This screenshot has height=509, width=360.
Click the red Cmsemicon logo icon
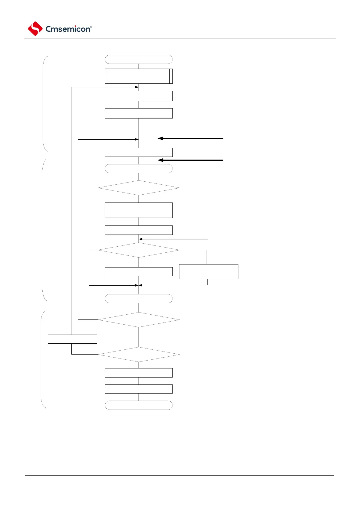point(35,29)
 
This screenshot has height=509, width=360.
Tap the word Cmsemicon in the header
point(68,29)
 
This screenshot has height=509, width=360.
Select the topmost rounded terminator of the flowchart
point(139,59)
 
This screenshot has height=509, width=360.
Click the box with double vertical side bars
point(139,76)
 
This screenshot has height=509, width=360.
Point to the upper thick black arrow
point(191,138)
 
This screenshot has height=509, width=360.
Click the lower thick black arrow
point(191,160)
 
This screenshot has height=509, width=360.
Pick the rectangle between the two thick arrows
point(139,152)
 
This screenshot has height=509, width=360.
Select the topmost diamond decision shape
point(139,188)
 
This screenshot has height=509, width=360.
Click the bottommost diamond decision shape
point(139,354)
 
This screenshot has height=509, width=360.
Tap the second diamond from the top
point(139,250)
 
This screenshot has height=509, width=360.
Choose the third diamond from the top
point(139,320)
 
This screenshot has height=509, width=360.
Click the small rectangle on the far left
point(72,339)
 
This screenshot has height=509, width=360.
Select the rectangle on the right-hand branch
point(208,272)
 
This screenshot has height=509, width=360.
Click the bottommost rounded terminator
point(139,405)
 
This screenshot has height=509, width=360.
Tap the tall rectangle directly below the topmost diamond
point(139,210)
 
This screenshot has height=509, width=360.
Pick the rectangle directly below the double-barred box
point(139,96)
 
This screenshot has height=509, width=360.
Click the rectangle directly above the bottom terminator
point(139,389)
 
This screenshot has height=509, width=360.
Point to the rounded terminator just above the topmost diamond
point(139,169)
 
